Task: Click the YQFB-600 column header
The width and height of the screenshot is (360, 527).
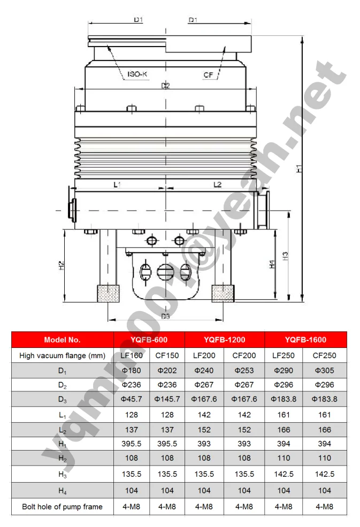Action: tap(149, 339)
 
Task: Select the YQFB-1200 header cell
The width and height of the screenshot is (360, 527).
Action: tap(225, 339)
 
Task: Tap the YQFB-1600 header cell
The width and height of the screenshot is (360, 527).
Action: tap(305, 339)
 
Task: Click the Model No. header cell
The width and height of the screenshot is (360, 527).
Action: tap(62, 339)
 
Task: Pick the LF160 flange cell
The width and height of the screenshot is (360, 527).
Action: tap(132, 355)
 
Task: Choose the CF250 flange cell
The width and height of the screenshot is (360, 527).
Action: tap(324, 355)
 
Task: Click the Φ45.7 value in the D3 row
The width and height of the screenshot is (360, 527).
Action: tap(132, 399)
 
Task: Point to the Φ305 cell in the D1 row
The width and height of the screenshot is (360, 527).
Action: tap(324, 370)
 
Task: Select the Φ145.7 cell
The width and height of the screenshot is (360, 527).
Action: tap(167, 399)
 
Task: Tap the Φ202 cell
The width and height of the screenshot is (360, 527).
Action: tap(167, 370)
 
